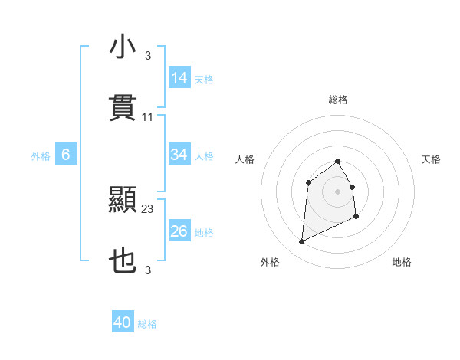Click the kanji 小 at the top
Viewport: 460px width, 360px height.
point(123,47)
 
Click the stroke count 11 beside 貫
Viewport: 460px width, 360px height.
point(148,117)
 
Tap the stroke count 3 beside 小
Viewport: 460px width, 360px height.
point(148,56)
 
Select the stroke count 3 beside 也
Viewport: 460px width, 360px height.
point(148,270)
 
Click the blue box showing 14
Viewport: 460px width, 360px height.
point(179,78)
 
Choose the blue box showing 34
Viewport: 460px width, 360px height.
point(179,155)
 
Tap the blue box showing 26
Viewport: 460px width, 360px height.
point(179,231)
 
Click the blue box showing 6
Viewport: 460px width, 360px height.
point(66,155)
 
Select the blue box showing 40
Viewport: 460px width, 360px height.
point(123,322)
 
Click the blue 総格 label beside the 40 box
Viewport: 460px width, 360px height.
point(148,324)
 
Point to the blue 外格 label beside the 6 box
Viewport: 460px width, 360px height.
point(41,156)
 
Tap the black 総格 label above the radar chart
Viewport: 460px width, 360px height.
point(338,100)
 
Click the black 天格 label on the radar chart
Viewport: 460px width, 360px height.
point(431,159)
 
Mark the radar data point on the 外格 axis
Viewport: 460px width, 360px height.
point(301,242)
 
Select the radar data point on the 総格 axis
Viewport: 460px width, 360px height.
point(338,161)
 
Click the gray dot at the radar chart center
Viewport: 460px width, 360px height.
point(338,191)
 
